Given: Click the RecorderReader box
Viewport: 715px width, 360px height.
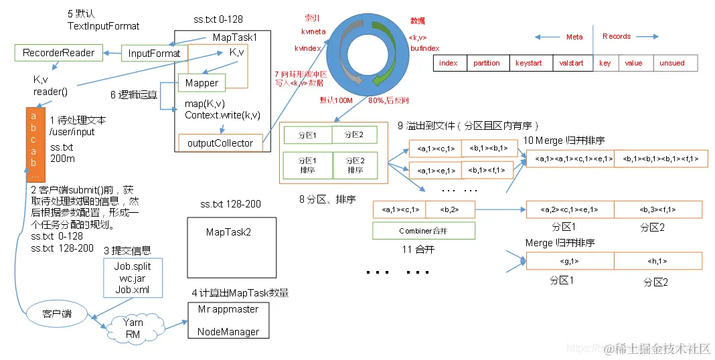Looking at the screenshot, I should [x=59, y=52].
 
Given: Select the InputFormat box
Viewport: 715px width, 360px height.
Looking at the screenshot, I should [x=154, y=54].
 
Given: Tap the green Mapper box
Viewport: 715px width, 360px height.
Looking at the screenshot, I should [x=202, y=83].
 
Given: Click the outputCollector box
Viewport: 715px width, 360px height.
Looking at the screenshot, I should [x=220, y=143].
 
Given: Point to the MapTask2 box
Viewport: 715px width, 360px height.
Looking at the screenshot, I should [x=229, y=232].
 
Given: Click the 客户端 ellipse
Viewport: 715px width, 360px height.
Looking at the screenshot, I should [x=56, y=313].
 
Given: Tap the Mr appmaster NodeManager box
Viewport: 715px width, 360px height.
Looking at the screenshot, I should [x=228, y=321].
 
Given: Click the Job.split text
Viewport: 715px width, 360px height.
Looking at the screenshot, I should [x=133, y=266].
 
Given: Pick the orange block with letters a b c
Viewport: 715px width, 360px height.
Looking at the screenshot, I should [x=35, y=144].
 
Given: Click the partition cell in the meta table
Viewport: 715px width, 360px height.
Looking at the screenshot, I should [x=486, y=63].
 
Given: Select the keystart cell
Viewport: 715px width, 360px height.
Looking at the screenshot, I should [x=529, y=63].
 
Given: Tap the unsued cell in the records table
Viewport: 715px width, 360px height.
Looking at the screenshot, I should [x=672, y=63].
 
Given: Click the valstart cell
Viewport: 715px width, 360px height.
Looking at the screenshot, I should [x=571, y=63].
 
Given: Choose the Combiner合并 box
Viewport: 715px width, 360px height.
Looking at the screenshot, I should [x=423, y=231].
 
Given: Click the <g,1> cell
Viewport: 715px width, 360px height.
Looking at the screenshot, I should [x=570, y=261].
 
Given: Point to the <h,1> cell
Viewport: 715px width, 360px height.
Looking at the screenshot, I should [x=657, y=261].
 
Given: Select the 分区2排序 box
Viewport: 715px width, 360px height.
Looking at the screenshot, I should [x=355, y=165].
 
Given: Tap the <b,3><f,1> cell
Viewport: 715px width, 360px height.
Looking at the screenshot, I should [x=657, y=209].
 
